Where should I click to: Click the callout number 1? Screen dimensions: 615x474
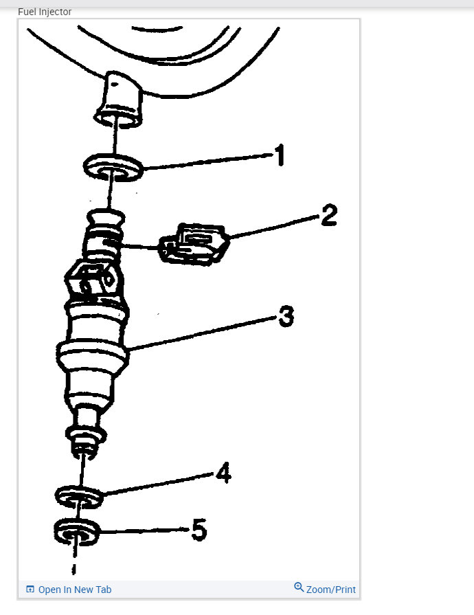(278, 156)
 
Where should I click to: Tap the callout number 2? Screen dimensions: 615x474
(328, 216)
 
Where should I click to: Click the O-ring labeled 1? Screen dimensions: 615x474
(113, 167)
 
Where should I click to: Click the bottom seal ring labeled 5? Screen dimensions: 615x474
(76, 530)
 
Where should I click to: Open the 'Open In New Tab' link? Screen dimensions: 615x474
(74, 590)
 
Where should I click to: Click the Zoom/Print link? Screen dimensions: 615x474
(331, 590)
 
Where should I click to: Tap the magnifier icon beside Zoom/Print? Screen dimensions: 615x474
(299, 588)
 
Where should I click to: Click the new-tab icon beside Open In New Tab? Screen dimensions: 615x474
(30, 590)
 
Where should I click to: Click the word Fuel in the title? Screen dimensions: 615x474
(27, 12)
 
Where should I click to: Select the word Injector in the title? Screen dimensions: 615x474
(56, 12)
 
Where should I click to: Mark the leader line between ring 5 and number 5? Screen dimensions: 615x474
(144, 530)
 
